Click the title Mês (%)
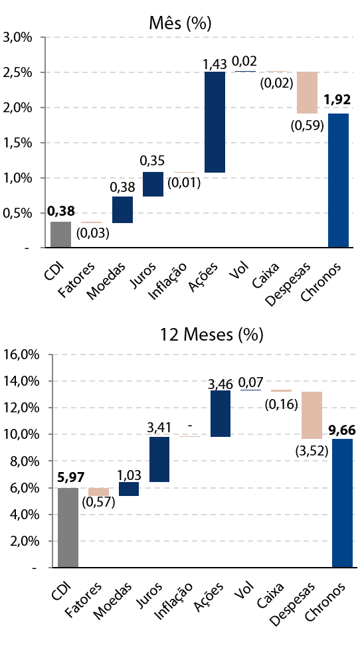[x=180, y=24]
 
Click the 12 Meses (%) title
[x=212, y=335]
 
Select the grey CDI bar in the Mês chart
[x=60, y=234]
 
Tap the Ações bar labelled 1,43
[x=215, y=122]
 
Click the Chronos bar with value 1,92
[x=338, y=181]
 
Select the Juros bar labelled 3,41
[x=159, y=459]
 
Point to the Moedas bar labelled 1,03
[x=129, y=489]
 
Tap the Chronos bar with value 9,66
[x=342, y=503]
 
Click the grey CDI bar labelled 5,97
[x=68, y=528]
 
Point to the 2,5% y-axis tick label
[x=18, y=72]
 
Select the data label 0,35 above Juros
[x=152, y=161]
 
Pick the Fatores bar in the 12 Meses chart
[x=99, y=492]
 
